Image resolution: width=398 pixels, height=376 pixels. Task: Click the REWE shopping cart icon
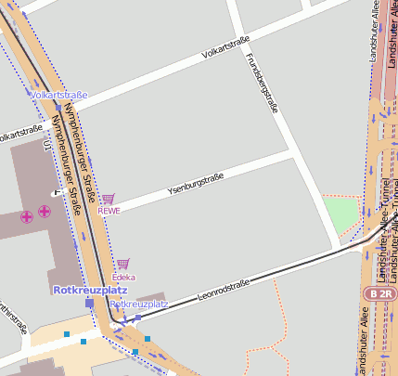[109, 199]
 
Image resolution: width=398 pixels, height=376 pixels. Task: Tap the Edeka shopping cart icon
[122, 265]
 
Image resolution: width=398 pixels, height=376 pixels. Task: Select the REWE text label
[109, 210]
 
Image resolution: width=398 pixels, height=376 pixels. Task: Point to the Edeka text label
[123, 277]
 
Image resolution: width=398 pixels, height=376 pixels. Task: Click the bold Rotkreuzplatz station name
[83, 290]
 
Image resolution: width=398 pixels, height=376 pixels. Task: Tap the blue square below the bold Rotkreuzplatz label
[90, 303]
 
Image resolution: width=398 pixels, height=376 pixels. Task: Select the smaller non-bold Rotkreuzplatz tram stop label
[138, 304]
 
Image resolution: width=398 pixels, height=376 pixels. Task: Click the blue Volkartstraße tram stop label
[58, 95]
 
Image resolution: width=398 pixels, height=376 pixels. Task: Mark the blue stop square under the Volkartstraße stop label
[58, 107]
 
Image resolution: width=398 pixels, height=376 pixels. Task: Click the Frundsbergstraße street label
[262, 82]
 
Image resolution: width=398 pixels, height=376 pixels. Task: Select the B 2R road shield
[380, 293]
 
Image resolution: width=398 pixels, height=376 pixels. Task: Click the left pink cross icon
[27, 216]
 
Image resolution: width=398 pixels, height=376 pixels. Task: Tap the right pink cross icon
[44, 212]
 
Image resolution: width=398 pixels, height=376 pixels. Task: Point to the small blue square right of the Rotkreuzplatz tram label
[138, 318]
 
